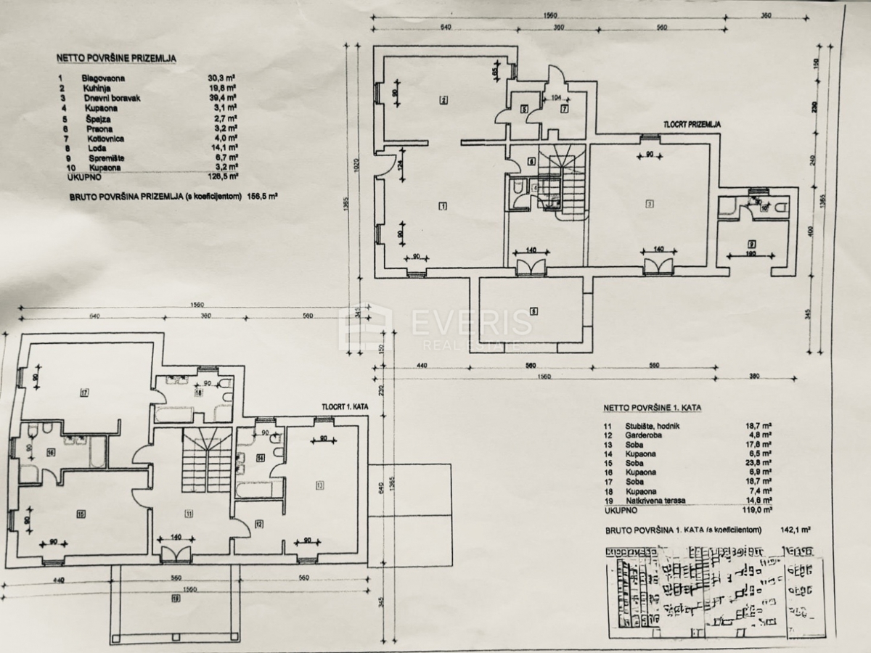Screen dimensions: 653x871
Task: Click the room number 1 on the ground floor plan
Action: [x=442, y=205]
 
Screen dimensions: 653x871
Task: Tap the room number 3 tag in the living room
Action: [x=650, y=203]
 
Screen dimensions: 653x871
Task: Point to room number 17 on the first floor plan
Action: [x=85, y=393]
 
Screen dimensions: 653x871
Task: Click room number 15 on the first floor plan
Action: [x=81, y=514]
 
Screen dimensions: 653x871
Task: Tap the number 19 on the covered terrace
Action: [x=176, y=599]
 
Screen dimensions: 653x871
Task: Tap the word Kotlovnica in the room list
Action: [x=99, y=138]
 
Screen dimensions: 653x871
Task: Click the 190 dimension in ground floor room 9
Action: [x=751, y=255]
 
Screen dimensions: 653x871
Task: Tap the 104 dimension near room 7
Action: [x=557, y=96]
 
